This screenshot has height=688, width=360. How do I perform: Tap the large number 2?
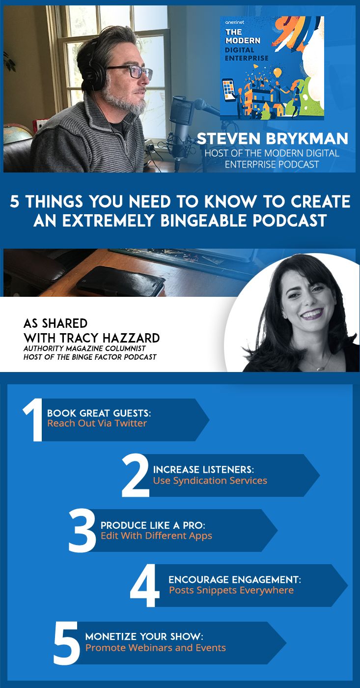click(x=136, y=475)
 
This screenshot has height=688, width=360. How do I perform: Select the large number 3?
click(x=82, y=530)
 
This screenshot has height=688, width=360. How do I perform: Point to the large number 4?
click(x=145, y=586)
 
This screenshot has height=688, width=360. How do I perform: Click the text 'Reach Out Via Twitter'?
click(x=97, y=424)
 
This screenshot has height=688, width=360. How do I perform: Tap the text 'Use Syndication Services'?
click(x=210, y=481)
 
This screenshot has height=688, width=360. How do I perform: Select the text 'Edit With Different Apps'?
click(x=156, y=536)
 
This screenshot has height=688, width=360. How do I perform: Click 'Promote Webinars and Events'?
click(x=155, y=648)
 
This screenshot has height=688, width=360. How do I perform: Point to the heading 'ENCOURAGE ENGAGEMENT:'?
click(x=234, y=580)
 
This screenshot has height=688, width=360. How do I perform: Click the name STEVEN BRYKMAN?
click(x=272, y=139)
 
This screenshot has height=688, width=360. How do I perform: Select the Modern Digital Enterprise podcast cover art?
click(x=272, y=68)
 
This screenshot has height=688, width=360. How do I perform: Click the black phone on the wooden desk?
click(x=120, y=281)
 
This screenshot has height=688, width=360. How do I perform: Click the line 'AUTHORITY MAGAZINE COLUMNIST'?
click(x=79, y=348)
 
